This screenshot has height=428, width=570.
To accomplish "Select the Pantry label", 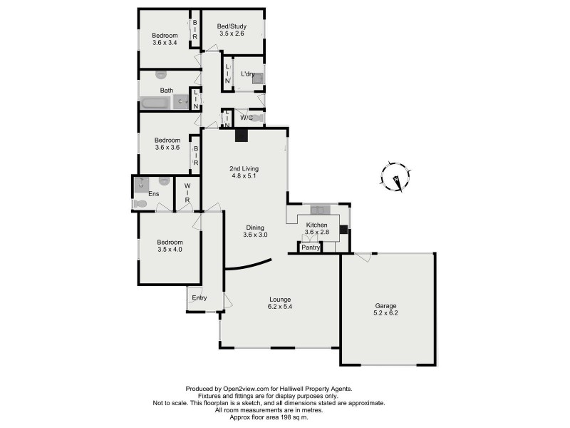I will [x=310, y=248].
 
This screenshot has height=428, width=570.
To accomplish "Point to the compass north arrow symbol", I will [x=394, y=176].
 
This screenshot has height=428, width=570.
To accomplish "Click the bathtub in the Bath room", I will [x=155, y=103].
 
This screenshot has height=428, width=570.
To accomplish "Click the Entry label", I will [x=199, y=297].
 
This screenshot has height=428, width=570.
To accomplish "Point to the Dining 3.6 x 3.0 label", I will [x=255, y=230].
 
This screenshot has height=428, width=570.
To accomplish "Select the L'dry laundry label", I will [x=247, y=73].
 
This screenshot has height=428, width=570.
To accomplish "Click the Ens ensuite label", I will [x=153, y=193].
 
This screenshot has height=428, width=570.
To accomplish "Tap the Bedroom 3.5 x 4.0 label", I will [x=170, y=246].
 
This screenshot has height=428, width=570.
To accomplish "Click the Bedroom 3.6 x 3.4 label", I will [x=165, y=39].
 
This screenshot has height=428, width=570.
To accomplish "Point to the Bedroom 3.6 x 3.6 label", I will [x=167, y=144].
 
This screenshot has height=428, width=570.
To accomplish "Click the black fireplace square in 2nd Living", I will [x=242, y=136].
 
